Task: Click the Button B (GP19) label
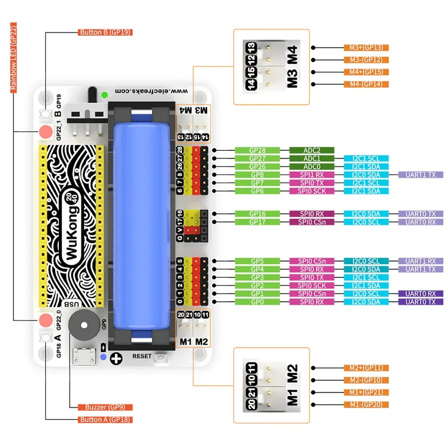(105, 32)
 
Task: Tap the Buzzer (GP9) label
(102, 407)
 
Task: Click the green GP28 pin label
(257, 150)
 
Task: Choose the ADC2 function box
(312, 150)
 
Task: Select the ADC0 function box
(312, 167)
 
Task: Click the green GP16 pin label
(257, 214)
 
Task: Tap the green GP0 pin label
(257, 302)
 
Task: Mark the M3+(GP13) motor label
(366, 47)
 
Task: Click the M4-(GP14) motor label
(366, 84)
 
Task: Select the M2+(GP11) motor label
(366, 368)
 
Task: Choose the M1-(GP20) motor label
(366, 405)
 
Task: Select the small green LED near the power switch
(104, 95)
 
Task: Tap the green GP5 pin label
(257, 261)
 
